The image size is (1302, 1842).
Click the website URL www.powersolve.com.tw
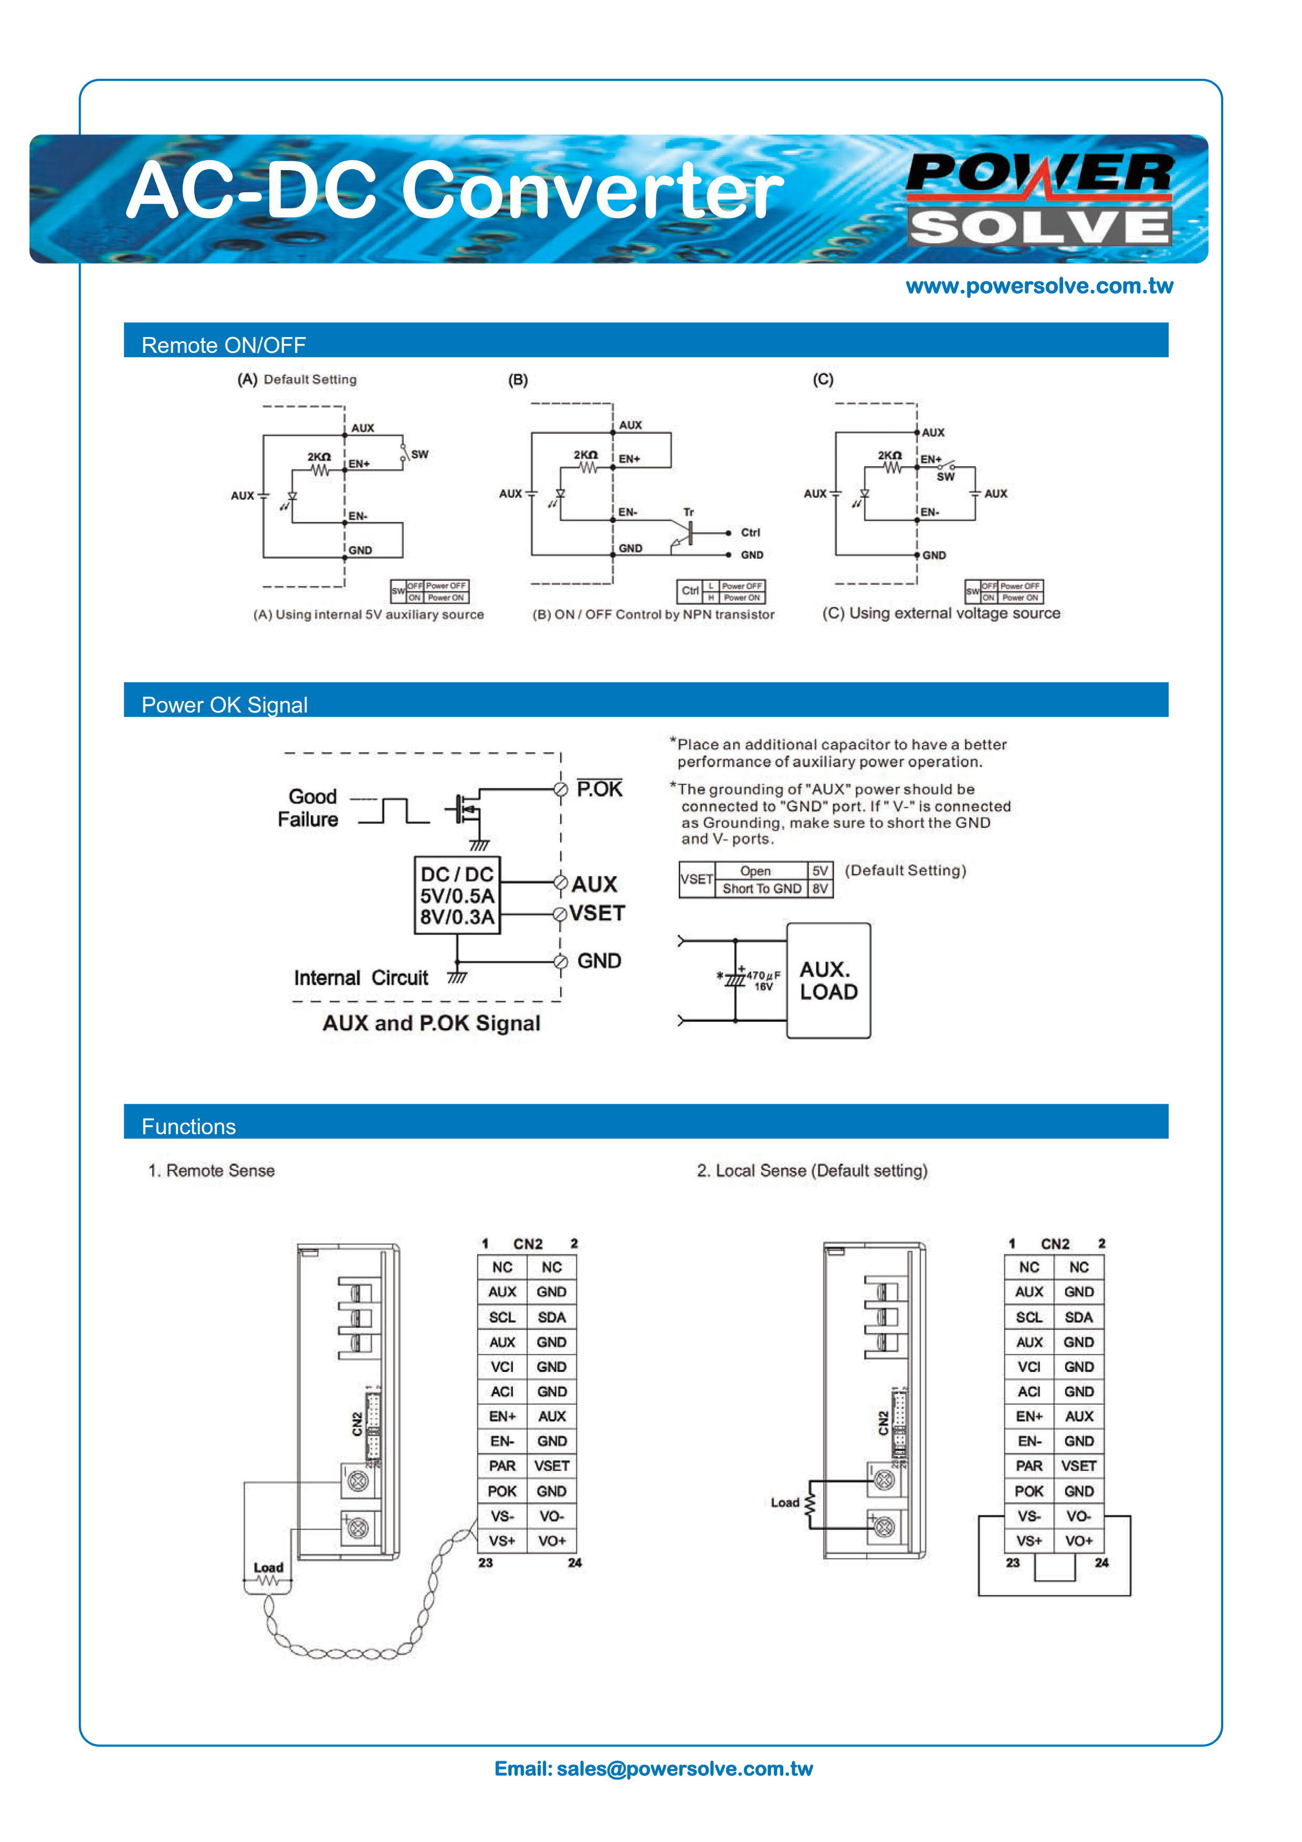point(1039,286)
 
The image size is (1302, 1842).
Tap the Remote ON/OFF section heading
point(224,345)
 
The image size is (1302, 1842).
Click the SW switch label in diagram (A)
point(419,454)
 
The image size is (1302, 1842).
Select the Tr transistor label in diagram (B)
point(688,512)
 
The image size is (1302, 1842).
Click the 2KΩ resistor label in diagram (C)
point(890,455)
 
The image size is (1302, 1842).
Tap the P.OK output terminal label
point(599,789)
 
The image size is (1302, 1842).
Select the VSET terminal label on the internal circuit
point(597,913)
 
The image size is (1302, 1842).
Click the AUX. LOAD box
point(828,980)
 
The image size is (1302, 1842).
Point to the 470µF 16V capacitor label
point(763,980)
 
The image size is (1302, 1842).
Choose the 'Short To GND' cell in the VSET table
point(761,888)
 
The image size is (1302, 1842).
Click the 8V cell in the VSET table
point(820,888)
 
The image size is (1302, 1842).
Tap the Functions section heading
point(188,1126)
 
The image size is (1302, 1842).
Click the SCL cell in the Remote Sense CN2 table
point(502,1317)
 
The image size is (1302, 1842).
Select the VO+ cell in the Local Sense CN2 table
point(1079,1541)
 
